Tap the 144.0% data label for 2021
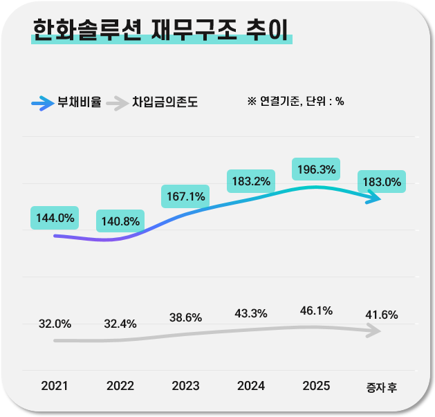coord(55,218)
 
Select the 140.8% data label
coord(120,221)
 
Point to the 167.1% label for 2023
coord(185,196)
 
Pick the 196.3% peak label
coord(316,169)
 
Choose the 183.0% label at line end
coord(382,182)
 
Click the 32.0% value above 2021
coord(55,324)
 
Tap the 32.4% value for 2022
coord(120,324)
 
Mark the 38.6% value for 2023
coord(185,317)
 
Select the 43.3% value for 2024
coord(251,313)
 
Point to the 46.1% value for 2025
coord(315,311)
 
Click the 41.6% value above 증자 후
coord(382,315)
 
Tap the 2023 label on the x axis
coord(185,385)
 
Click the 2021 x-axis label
coord(55,385)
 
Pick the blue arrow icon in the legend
coord(43,103)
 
